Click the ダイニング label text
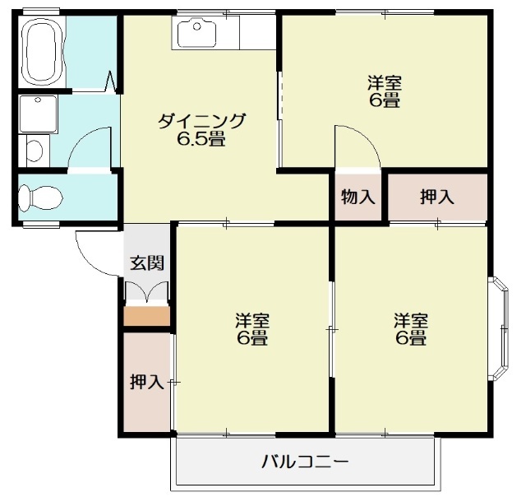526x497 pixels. click(x=201, y=121)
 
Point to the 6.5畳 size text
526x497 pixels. click(x=201, y=139)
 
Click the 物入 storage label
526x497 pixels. click(x=358, y=197)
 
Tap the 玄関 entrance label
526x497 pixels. click(x=147, y=263)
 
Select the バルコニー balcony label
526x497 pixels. click(x=305, y=462)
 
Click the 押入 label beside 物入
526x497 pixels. click(x=436, y=197)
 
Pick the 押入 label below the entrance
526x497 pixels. click(x=146, y=382)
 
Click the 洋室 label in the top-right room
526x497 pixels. click(x=384, y=83)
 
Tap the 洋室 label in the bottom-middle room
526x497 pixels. click(x=252, y=320)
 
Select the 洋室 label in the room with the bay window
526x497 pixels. click(x=409, y=320)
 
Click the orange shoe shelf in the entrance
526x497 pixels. click(x=146, y=315)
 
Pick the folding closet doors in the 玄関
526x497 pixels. click(x=146, y=293)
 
